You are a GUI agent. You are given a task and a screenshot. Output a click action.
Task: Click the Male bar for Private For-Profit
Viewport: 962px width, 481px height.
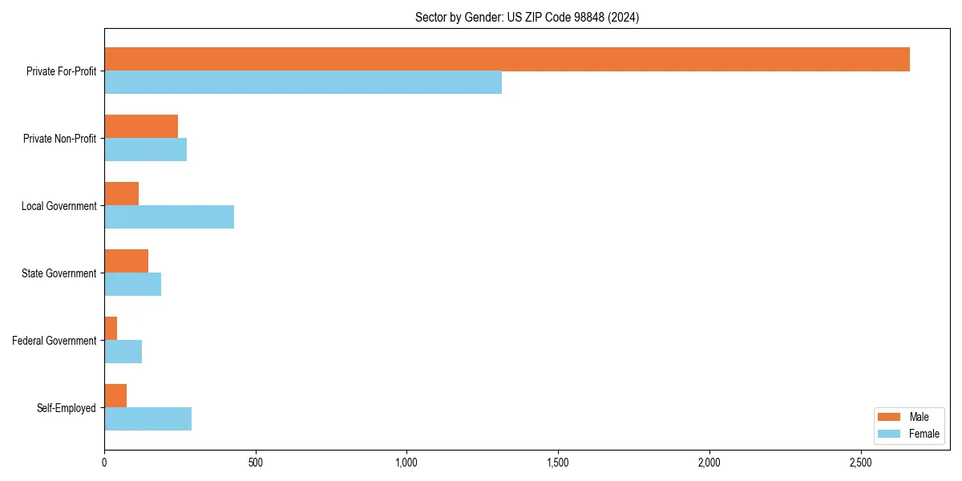(x=507, y=59)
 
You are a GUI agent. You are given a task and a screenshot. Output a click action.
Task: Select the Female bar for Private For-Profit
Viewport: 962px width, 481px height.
(x=303, y=83)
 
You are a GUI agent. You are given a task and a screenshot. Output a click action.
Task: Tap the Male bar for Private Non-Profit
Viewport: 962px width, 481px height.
(x=141, y=127)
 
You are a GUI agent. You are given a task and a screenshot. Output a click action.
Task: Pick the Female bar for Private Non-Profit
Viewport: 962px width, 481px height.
(x=145, y=150)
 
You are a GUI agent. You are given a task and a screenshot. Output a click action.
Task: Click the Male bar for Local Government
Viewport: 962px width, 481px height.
(x=121, y=194)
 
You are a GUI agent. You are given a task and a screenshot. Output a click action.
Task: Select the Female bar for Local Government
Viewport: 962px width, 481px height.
(x=169, y=217)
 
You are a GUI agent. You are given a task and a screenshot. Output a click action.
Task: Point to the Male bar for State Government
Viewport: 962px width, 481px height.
(x=126, y=261)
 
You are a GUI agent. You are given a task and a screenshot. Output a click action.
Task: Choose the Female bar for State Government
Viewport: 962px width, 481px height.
(x=132, y=285)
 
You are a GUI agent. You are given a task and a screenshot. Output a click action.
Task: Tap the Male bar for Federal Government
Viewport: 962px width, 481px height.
(x=111, y=329)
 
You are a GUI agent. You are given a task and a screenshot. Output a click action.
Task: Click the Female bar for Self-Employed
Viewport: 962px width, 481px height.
(x=148, y=419)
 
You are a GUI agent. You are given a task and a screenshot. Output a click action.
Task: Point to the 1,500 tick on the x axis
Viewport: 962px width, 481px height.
(x=558, y=463)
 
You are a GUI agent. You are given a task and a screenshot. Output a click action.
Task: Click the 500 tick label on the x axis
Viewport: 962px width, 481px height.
(x=256, y=463)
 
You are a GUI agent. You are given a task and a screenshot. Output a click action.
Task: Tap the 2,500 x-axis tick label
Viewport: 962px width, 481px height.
(x=860, y=463)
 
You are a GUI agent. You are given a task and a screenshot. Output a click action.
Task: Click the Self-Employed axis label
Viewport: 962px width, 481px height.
(x=67, y=408)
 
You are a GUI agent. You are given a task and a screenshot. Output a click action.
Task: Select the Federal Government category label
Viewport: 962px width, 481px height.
(x=55, y=341)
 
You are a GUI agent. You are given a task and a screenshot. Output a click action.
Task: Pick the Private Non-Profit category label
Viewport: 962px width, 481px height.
(x=59, y=139)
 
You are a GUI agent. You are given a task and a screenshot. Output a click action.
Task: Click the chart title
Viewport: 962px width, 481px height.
(x=527, y=18)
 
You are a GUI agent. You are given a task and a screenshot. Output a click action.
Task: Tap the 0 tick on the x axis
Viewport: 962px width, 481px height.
(x=104, y=463)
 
